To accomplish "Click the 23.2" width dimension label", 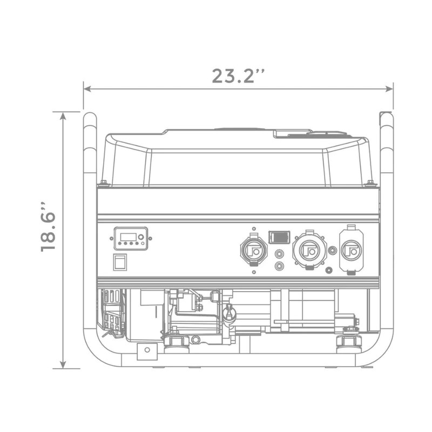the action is click(238, 76).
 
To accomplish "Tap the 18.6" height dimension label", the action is click(49, 227).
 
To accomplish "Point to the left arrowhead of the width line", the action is click(87, 89).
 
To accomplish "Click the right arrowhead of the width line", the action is click(389, 89).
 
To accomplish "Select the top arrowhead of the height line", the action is click(63, 116).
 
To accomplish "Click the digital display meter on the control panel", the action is click(131, 239).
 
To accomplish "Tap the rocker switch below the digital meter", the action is click(120, 262).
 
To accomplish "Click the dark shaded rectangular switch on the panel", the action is click(279, 237).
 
